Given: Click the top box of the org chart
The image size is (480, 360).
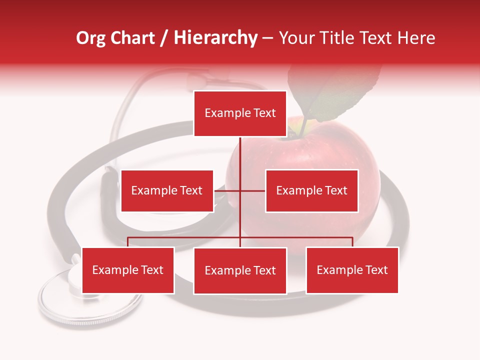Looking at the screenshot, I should [x=240, y=113].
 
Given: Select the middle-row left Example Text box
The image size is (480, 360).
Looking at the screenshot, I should [x=167, y=190].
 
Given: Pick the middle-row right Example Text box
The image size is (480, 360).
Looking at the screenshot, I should [x=311, y=190].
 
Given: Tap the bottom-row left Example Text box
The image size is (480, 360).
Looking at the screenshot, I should [x=128, y=270].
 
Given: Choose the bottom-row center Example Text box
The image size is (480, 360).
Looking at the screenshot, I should [x=240, y=270].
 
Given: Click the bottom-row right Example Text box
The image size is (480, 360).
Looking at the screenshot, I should [x=352, y=270].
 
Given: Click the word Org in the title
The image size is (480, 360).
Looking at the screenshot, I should [x=90, y=38].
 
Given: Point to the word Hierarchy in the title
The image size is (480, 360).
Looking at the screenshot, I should [x=215, y=38].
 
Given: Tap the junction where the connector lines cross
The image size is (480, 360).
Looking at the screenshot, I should [x=240, y=190].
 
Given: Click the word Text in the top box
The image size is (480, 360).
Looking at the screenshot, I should [x=264, y=113].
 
